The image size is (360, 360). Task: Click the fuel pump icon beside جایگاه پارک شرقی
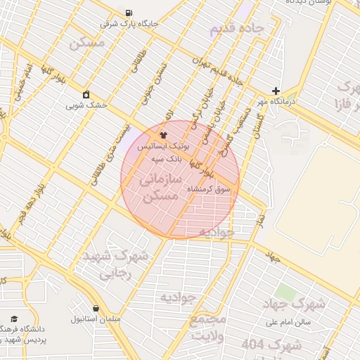pyautogui.click(x=128, y=13)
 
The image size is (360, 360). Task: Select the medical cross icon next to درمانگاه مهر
pyautogui.click(x=276, y=91)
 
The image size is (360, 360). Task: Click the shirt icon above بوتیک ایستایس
pyautogui.click(x=163, y=134)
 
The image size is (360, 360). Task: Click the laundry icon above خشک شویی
pyautogui.click(x=86, y=94)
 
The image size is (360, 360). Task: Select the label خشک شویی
pyautogui.click(x=86, y=105)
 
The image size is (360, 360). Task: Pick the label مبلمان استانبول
pyautogui.click(x=96, y=319)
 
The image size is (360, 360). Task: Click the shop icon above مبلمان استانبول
pyautogui.click(x=96, y=307)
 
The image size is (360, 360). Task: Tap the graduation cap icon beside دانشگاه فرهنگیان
pyautogui.click(x=14, y=319)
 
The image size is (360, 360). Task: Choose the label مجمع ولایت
pyautogui.click(x=209, y=326)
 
